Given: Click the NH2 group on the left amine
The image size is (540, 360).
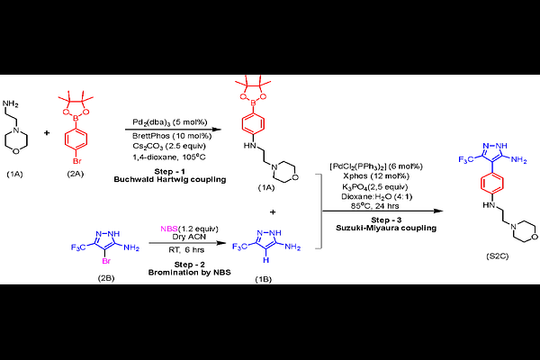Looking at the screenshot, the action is point(10,103).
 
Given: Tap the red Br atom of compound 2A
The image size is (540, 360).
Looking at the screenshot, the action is point(76,160).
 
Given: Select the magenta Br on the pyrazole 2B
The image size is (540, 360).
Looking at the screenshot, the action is point(106,261).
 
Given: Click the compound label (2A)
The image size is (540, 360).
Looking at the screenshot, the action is point(75,174).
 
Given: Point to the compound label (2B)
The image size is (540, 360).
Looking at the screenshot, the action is point(105,278).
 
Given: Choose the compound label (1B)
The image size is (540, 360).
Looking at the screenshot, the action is point(263,279).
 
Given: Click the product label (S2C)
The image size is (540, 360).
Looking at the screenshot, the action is point(498,256).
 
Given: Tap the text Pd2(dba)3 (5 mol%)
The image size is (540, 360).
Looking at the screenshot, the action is point(170,122).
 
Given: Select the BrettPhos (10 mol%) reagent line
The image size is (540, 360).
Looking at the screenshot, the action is point(172,136).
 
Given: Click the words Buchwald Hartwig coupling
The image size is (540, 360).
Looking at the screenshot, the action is point(170,179).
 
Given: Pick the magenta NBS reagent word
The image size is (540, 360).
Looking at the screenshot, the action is point(169,229).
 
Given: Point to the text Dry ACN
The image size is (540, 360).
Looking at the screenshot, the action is point(189,237).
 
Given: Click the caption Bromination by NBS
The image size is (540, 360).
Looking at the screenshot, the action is point(189,273).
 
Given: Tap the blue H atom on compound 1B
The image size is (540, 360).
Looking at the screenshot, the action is point(265,260).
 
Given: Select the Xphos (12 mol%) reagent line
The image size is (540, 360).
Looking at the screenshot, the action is point(375,176).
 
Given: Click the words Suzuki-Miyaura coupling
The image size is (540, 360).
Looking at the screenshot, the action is point(386,228).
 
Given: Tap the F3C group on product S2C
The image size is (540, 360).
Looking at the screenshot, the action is point(465,159).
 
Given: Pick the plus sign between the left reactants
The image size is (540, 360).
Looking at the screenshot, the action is point(47,132).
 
